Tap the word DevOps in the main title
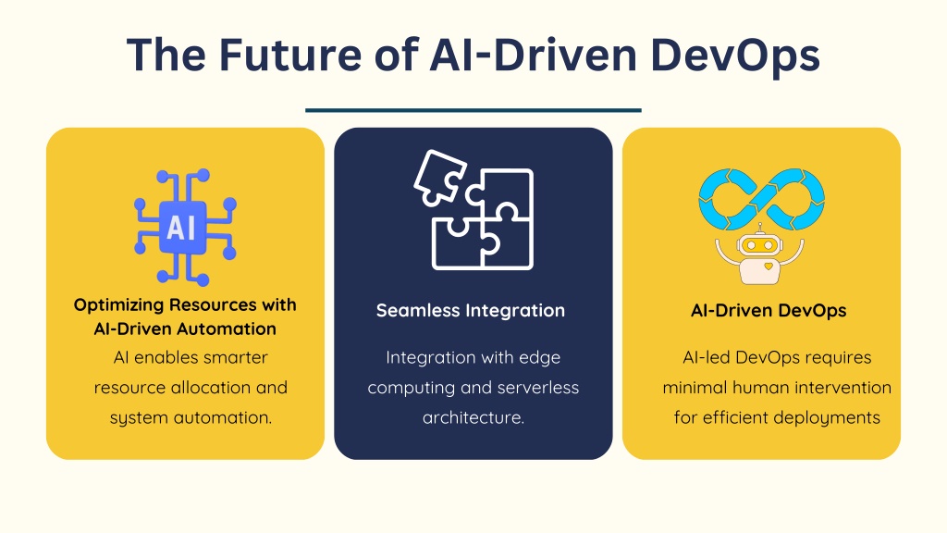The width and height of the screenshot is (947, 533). pyautogui.click(x=735, y=56)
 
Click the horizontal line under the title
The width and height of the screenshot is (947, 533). pyautogui.click(x=473, y=111)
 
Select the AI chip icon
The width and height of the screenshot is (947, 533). pyautogui.click(x=185, y=228)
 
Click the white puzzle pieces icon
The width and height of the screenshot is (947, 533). pyautogui.click(x=474, y=209)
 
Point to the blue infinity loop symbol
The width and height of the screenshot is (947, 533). pyautogui.click(x=762, y=199)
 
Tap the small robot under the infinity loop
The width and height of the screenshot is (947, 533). pyautogui.click(x=760, y=255)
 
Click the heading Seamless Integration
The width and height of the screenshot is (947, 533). pyautogui.click(x=471, y=311)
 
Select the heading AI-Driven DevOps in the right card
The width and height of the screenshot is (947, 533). pyautogui.click(x=769, y=311)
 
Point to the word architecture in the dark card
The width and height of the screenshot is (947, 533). pyautogui.click(x=473, y=417)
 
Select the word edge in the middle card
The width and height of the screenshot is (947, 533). pyautogui.click(x=539, y=358)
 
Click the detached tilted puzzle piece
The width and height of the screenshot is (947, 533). pyautogui.click(x=439, y=178)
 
